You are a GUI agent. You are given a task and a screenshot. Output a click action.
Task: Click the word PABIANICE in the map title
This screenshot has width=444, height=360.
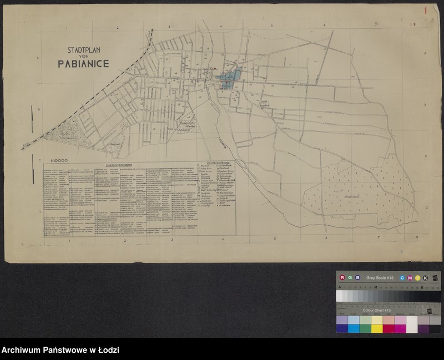coord(83,63)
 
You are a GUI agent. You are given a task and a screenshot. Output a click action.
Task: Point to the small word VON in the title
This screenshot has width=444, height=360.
coord(83,55)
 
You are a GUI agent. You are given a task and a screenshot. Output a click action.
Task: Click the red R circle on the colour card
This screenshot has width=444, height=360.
coord(342,277)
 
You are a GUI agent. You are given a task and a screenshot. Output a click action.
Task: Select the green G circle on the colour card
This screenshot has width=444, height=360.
coord(350,277)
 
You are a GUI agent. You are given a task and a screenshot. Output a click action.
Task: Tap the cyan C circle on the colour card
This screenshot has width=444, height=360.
coord(402,277)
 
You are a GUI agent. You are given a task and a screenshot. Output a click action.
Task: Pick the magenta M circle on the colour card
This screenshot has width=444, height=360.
coord(410,277)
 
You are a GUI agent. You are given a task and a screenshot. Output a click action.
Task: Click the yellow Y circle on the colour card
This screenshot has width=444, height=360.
coord(417,277)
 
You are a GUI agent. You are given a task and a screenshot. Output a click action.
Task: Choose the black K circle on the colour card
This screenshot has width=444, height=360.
coord(425,277)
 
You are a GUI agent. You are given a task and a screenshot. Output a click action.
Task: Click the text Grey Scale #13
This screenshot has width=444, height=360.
coord(380,277)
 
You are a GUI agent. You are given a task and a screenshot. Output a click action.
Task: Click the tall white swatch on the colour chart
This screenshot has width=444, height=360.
coord(412,324)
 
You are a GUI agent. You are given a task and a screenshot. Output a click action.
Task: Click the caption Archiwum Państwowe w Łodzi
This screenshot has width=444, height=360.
coord(60,351)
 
